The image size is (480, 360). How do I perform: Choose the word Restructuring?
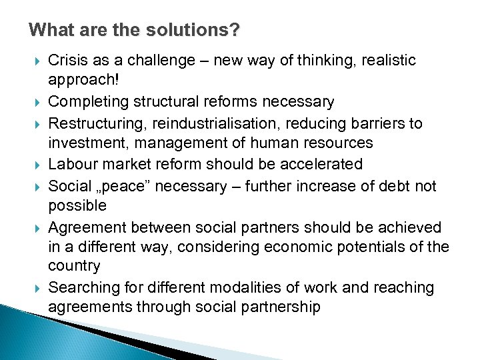[97, 123]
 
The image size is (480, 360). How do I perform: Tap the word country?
[74, 267]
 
